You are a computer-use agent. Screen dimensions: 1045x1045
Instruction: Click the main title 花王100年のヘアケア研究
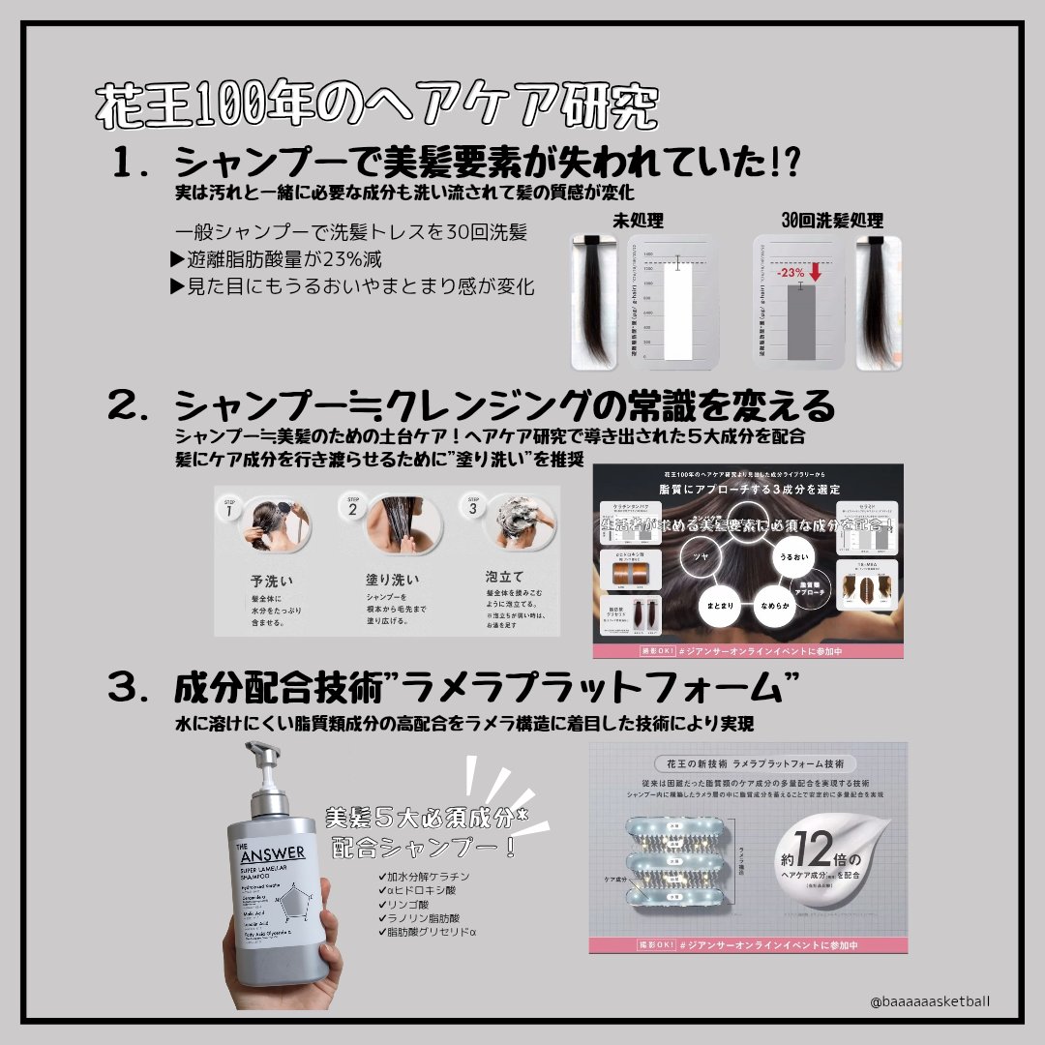tap(377, 106)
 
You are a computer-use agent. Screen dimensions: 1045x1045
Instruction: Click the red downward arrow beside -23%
tap(815, 272)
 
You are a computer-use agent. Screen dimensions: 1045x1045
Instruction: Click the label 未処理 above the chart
tap(638, 222)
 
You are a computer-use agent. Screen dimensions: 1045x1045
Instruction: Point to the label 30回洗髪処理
tap(831, 222)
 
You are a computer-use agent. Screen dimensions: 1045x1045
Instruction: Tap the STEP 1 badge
tap(229, 508)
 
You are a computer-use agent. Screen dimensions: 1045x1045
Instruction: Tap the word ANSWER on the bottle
tap(271, 852)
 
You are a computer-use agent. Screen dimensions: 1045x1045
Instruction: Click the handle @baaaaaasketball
tap(930, 1003)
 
